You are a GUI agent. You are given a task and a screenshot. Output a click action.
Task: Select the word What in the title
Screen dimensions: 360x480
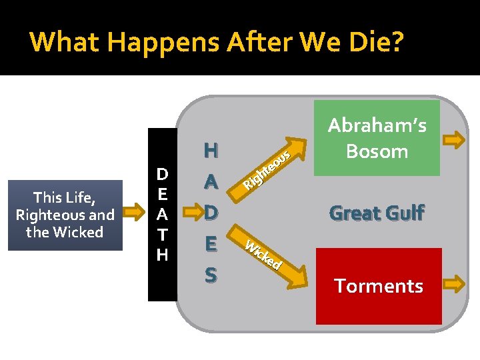coord(62,41)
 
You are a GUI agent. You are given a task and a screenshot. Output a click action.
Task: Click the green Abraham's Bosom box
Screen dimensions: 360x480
coord(377,138)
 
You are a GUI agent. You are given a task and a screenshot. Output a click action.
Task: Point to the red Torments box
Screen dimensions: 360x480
coord(379,286)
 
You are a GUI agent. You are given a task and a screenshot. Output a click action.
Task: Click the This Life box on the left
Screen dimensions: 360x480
coord(65,215)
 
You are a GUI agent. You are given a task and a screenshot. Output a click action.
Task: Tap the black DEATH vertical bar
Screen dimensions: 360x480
coord(162,214)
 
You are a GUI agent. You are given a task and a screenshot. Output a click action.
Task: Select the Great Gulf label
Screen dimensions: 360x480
coord(377,213)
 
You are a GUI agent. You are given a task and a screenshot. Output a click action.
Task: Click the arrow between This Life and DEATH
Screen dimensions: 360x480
coord(135,214)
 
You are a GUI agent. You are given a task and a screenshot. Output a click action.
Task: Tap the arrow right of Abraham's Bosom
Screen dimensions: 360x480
coord(456,139)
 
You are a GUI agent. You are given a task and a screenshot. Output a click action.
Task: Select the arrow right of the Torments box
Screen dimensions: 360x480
coord(456,285)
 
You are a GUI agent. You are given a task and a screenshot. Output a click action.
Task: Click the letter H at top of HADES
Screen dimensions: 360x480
coord(211,151)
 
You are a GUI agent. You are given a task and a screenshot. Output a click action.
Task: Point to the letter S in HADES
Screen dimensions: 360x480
coord(211,274)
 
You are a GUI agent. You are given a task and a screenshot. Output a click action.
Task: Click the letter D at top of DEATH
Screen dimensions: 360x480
coord(162,175)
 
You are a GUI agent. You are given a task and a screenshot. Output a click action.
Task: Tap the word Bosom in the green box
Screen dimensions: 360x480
coord(377,151)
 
